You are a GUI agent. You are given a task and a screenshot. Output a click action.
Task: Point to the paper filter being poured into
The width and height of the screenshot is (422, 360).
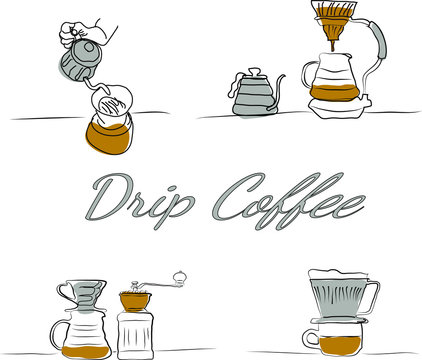113,104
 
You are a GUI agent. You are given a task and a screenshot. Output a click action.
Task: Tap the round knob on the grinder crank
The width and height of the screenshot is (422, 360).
179,273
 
